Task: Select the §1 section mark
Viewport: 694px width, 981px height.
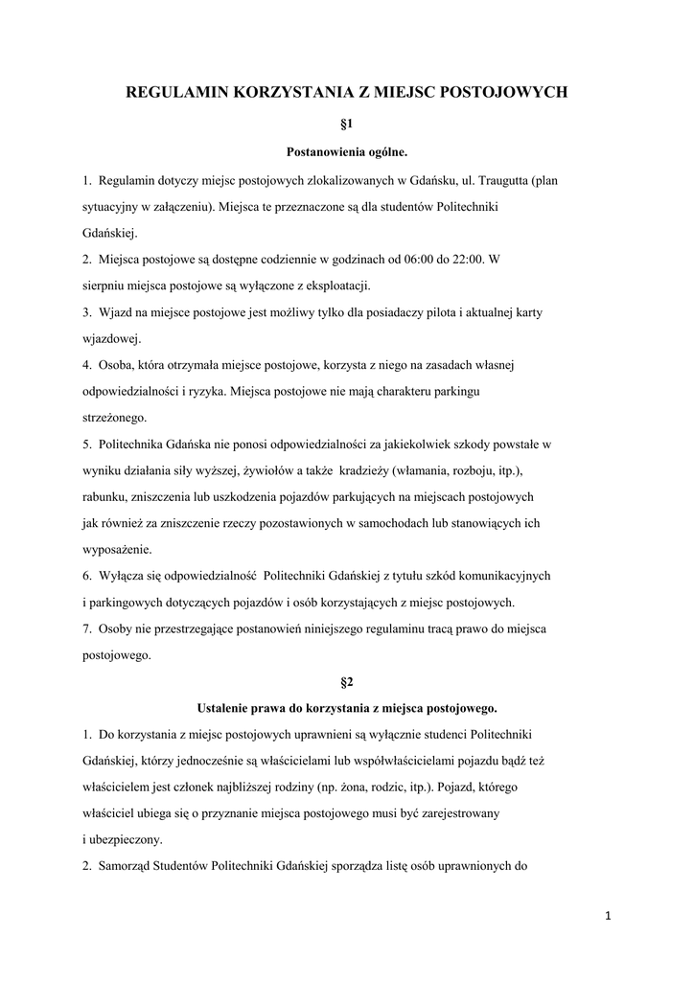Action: [347, 125]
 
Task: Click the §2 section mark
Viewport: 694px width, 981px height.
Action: [347, 682]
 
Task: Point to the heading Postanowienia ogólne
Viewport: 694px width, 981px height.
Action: [347, 151]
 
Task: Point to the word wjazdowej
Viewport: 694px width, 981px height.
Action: [110, 338]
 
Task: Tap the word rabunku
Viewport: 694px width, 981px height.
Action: [104, 497]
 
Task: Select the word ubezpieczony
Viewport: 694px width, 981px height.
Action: [125, 840]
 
